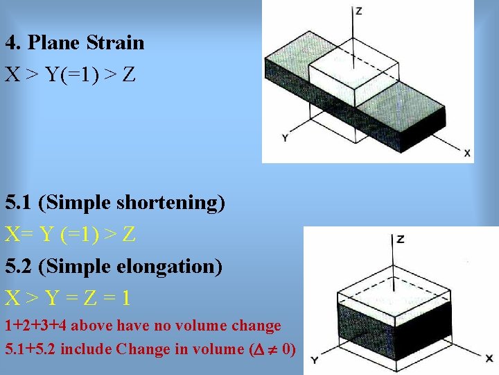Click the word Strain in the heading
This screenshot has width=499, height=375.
tap(116, 43)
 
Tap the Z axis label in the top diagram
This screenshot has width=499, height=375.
tap(358, 11)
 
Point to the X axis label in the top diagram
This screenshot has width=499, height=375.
tap(467, 153)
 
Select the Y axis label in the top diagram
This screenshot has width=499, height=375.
tap(285, 138)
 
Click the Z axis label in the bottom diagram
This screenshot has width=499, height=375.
tap(401, 240)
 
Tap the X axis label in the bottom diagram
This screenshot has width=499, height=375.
tap(489, 358)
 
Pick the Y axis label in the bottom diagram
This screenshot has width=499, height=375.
tap(314, 360)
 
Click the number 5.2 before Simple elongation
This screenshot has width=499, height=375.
tap(19, 267)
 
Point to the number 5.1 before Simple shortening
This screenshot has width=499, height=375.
tap(19, 203)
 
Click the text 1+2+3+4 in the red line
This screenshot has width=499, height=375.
tap(35, 326)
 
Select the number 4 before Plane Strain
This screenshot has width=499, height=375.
tap(10, 43)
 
